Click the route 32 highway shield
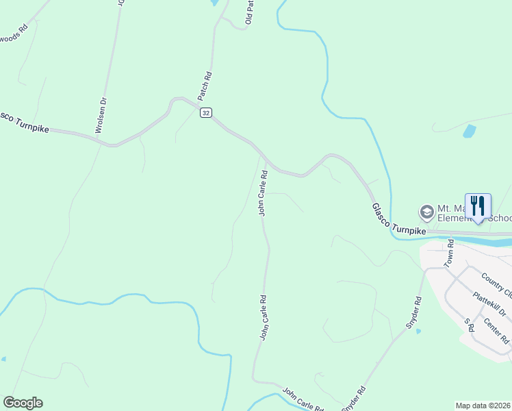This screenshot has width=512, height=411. (x=206, y=113)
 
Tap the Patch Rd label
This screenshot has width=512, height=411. (x=205, y=86)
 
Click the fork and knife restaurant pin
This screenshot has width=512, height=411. (x=478, y=206)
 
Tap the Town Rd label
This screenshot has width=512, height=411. (x=450, y=253)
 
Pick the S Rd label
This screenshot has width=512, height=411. (x=470, y=325)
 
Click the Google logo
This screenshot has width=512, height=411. (x=23, y=403)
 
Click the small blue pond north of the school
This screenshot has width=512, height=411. (x=469, y=131)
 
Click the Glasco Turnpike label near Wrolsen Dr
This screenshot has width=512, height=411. (x=25, y=122)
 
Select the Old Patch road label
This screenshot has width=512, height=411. (x=250, y=12)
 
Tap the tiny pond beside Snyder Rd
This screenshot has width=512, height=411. (x=418, y=331)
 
